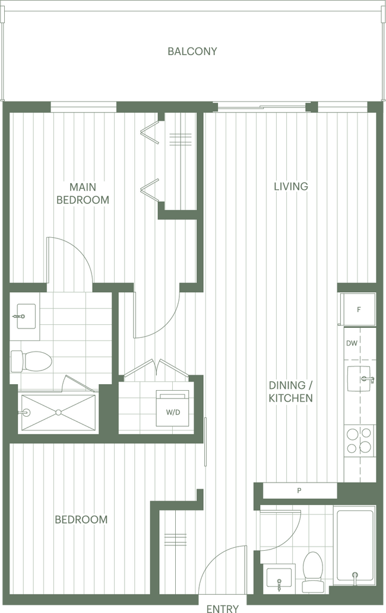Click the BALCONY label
click(x=192, y=51)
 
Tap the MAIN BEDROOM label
click(x=83, y=193)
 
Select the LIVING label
click(x=291, y=186)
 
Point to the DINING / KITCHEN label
click(x=290, y=392)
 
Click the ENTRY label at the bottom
click(x=222, y=608)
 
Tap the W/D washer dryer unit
click(x=173, y=408)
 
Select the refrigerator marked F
click(x=358, y=309)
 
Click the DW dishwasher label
click(x=352, y=343)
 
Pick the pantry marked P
click(x=299, y=491)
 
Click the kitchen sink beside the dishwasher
click(x=359, y=378)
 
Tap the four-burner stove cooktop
click(x=359, y=440)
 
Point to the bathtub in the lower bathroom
click(x=355, y=545)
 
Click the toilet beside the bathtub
click(x=313, y=571)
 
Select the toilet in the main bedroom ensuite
click(x=31, y=361)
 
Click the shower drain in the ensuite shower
click(x=58, y=413)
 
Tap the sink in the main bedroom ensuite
click(x=25, y=316)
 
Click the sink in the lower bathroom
click(x=279, y=578)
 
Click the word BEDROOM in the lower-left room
click(x=81, y=519)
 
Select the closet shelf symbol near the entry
click(x=175, y=539)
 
